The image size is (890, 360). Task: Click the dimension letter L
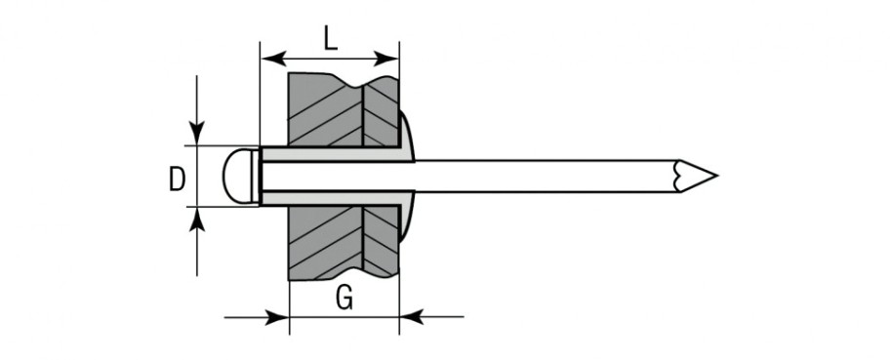pyautogui.click(x=329, y=40)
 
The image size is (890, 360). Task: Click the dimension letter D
pyautogui.click(x=177, y=180)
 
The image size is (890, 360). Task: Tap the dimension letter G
pyautogui.click(x=344, y=300)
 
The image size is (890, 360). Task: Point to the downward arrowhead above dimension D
pyautogui.click(x=199, y=134)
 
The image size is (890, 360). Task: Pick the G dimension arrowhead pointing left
pyautogui.click(x=410, y=316)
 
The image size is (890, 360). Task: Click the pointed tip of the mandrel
pyautogui.click(x=715, y=176)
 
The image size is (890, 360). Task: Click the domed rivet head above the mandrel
pyautogui.click(x=408, y=137)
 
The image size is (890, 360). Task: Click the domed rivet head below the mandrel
pyautogui.click(x=408, y=216)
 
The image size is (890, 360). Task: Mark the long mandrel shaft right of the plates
pyautogui.click(x=546, y=176)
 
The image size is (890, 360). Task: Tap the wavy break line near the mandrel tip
pyautogui.click(x=675, y=176)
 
